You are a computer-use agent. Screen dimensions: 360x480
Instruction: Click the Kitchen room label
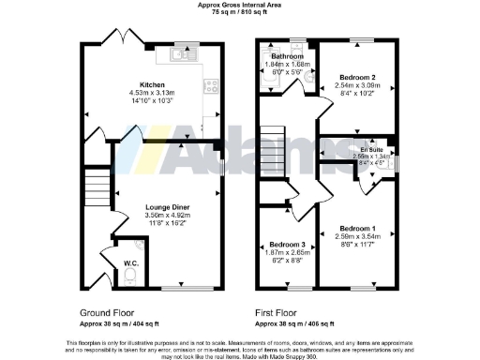[152, 84]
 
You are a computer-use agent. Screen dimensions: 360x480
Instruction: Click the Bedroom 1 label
[357, 229]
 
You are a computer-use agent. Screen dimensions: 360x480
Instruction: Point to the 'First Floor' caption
[278, 309]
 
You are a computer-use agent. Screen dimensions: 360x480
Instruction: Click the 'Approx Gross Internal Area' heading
[239, 5]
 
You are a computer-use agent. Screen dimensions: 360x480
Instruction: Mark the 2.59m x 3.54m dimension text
[357, 237]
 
